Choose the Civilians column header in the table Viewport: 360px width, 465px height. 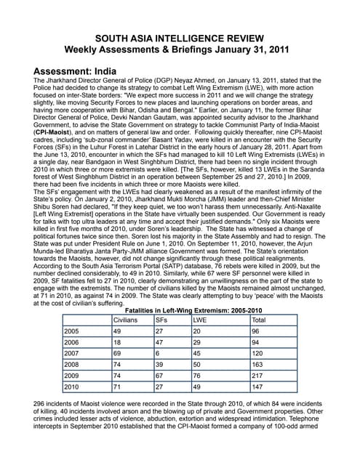click(x=126, y=320)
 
